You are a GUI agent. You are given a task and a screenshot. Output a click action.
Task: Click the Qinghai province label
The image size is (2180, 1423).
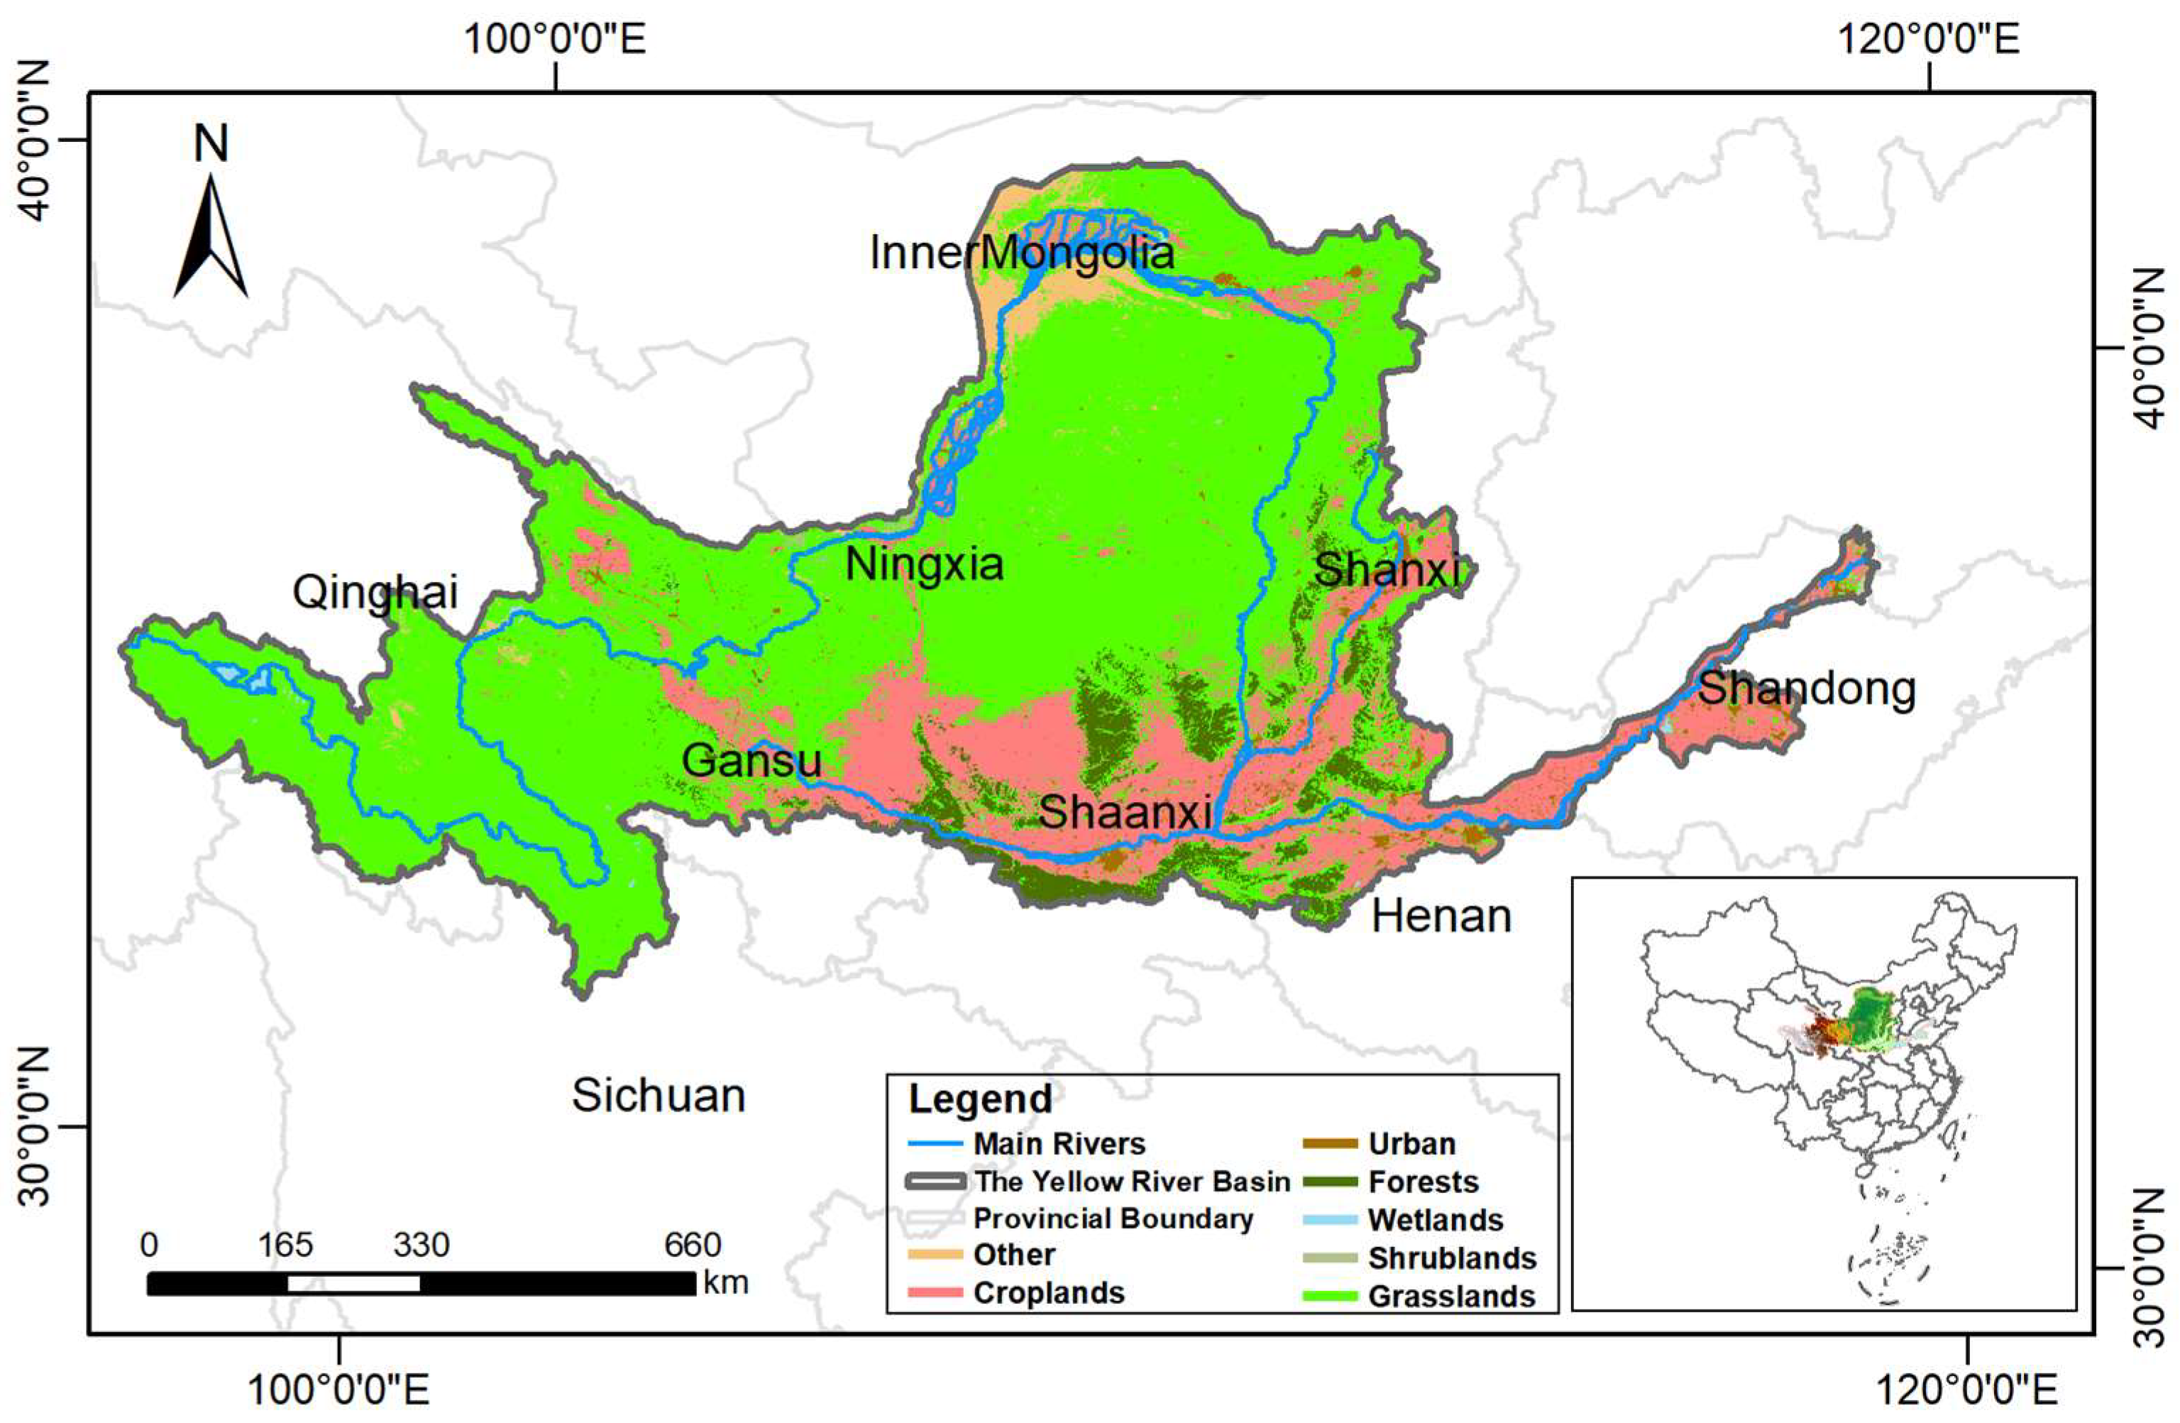(x=375, y=593)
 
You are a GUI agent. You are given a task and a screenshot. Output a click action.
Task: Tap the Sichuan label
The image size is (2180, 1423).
(x=658, y=1096)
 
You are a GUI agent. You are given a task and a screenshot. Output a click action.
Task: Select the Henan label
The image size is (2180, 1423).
(x=1441, y=916)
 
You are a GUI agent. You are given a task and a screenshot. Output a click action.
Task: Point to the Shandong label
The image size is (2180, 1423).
(x=1805, y=688)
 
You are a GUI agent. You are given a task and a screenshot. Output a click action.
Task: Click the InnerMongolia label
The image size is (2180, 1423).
(x=1021, y=252)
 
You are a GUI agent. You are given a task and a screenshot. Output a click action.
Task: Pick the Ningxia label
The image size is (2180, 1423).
(x=923, y=564)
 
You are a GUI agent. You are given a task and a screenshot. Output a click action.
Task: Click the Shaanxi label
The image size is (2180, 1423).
(x=1125, y=812)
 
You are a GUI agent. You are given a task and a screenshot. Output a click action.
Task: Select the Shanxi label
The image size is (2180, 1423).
(x=1386, y=570)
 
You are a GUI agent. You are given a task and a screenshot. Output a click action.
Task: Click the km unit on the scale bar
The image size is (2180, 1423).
(x=725, y=1282)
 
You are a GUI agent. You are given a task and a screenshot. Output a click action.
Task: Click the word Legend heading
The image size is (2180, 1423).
(x=979, y=1099)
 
